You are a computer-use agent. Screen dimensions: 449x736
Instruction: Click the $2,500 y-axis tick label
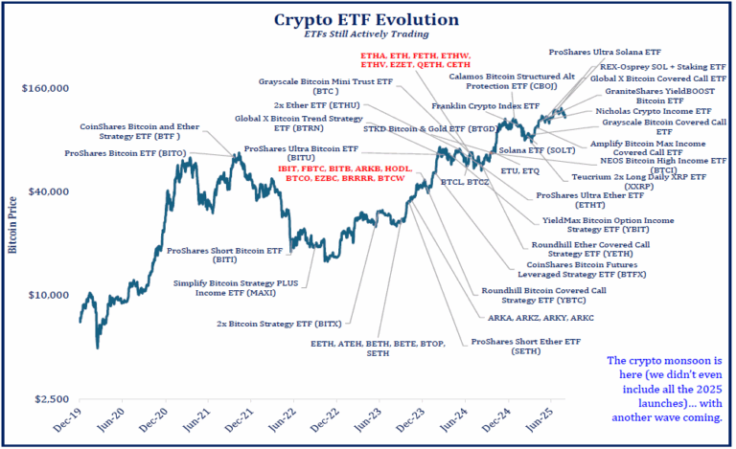click(54, 398)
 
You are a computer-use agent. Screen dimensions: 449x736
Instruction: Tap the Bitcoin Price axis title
click(13, 227)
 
